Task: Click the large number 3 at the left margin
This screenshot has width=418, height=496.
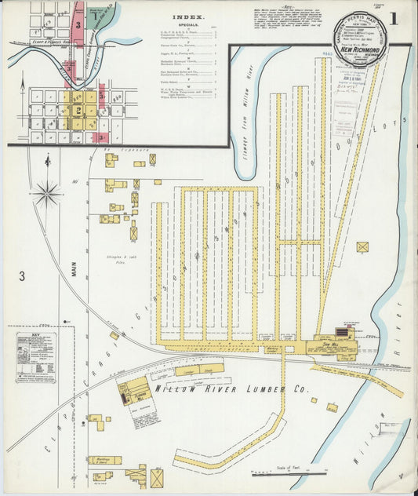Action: pyautogui.click(x=23, y=275)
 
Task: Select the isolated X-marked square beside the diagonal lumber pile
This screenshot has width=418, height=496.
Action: pyautogui.click(x=362, y=246)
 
